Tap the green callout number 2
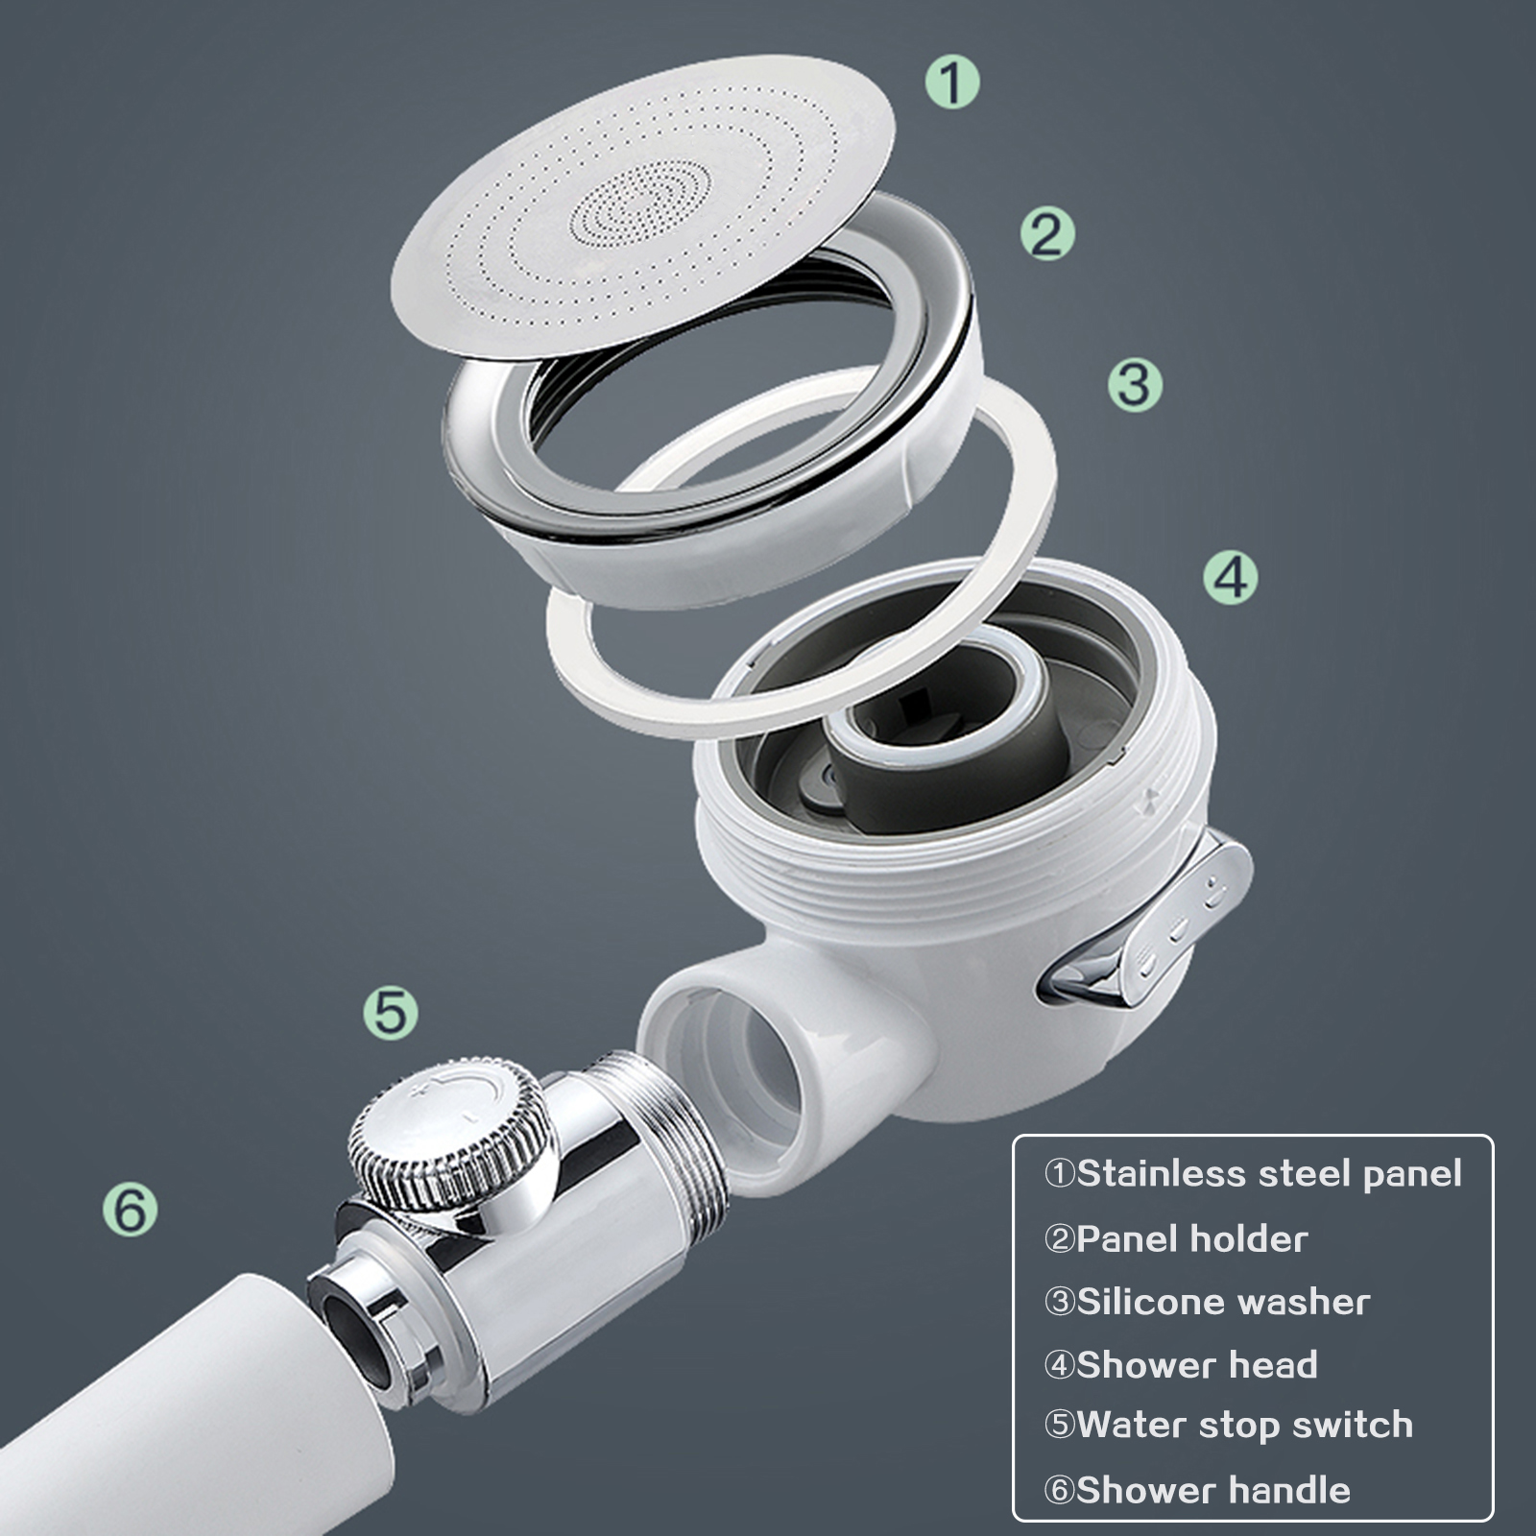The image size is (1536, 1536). point(1047,233)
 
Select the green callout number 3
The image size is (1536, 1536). point(1135,385)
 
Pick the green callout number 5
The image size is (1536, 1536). point(391,1013)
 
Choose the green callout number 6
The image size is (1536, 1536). point(131,1209)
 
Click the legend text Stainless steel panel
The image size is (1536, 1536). point(1269,1174)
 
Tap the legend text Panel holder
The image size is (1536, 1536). point(1192,1239)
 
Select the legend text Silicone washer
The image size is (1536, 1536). point(1223,1303)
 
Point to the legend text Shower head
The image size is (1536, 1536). point(1197,1365)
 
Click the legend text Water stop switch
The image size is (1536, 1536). point(1245,1426)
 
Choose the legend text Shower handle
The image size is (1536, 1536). point(1213,1491)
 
